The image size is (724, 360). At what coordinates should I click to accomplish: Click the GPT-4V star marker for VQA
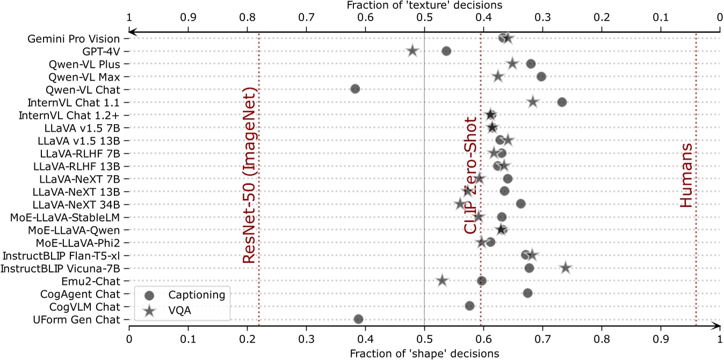412,51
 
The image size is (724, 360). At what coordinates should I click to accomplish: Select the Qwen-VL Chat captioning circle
355,89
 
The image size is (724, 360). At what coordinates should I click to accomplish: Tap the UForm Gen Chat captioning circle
358,319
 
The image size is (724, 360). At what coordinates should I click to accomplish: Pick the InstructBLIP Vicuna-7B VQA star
566,268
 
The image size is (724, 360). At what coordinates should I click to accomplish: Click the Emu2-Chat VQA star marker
442,280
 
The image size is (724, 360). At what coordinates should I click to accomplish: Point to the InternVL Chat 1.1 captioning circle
562,102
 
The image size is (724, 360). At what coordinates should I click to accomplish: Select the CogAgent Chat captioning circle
527,293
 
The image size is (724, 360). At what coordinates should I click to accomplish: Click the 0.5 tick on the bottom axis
424,340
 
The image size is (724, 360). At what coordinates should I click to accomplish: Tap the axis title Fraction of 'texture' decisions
424,5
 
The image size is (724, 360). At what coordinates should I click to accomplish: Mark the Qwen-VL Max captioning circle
541,76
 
